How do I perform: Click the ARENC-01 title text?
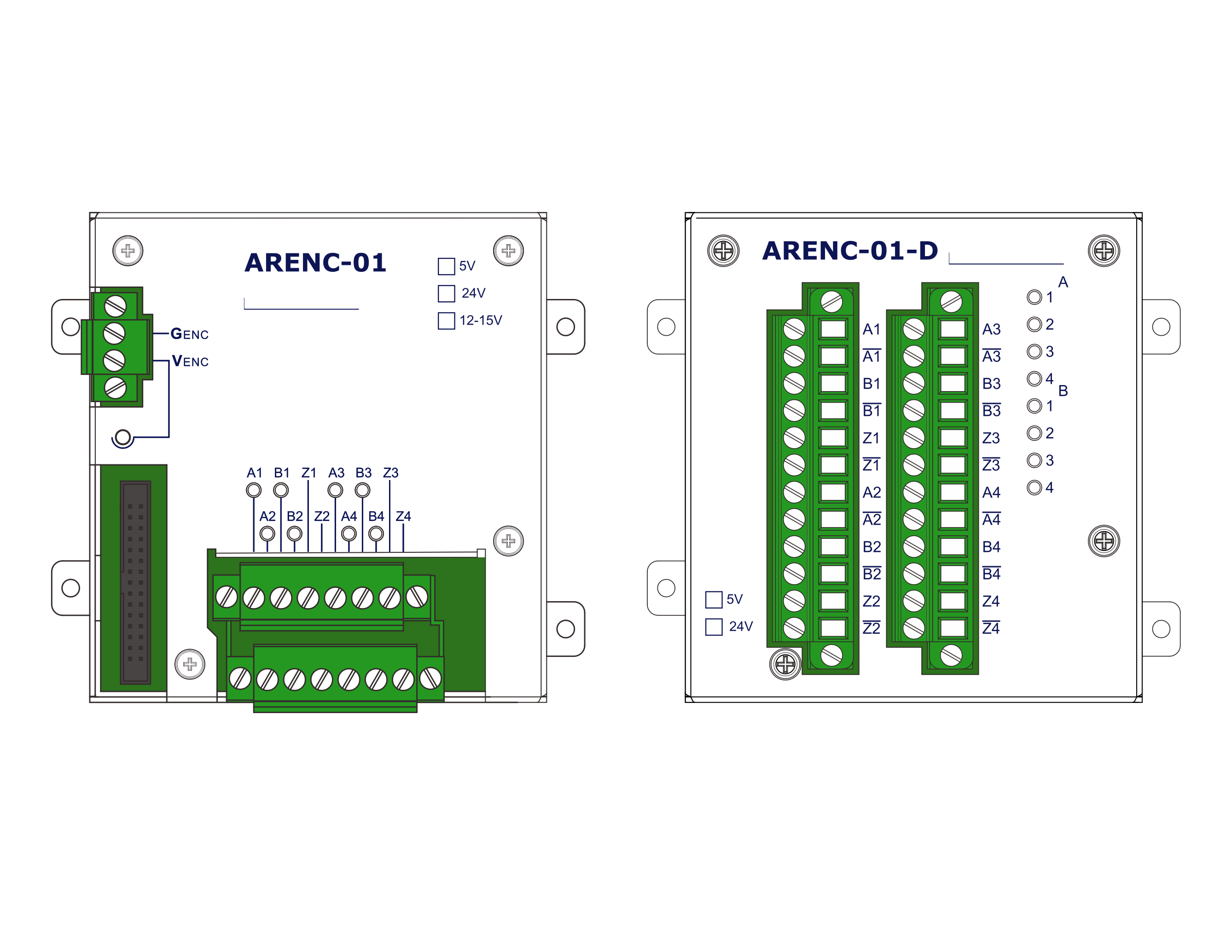click(x=315, y=263)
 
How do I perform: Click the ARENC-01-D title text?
click(x=850, y=251)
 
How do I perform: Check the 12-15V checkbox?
click(x=446, y=321)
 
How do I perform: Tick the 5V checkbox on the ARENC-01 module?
click(x=446, y=266)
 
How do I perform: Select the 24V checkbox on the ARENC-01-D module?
click(x=714, y=627)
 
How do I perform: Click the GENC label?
click(x=189, y=334)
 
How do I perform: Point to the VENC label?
click(x=190, y=361)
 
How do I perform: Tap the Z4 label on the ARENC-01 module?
click(x=403, y=516)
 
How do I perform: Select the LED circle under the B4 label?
click(x=376, y=534)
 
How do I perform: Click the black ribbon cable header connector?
click(x=135, y=582)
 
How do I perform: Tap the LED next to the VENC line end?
click(x=122, y=438)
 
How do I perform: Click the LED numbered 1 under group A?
click(x=1034, y=297)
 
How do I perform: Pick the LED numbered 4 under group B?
click(x=1034, y=487)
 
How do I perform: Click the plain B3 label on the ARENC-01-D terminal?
click(x=991, y=383)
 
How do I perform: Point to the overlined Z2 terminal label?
click(x=872, y=628)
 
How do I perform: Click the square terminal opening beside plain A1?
click(x=833, y=329)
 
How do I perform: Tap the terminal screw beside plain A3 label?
click(x=913, y=329)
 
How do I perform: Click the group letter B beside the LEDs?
click(x=1063, y=391)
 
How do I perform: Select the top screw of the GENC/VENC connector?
click(x=115, y=306)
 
